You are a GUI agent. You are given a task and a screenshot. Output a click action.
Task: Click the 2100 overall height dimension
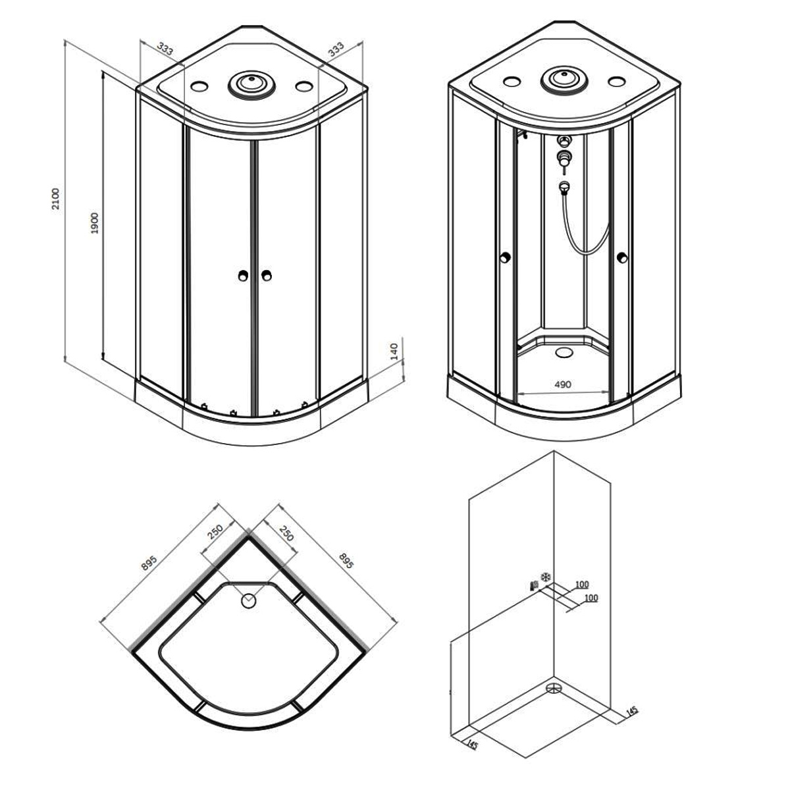coord(55,199)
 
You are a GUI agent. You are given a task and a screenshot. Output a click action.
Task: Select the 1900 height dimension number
coord(95,223)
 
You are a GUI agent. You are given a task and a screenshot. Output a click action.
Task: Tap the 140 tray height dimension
coord(394,352)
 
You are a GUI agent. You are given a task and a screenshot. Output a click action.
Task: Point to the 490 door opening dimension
coord(562,384)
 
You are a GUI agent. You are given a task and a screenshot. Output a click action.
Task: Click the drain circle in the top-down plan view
coord(248,602)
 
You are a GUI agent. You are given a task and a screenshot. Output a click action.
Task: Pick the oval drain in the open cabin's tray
coord(564,352)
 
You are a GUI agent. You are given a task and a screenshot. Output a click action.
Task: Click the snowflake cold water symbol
coord(545,577)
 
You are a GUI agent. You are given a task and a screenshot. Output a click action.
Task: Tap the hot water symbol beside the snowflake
coord(533,585)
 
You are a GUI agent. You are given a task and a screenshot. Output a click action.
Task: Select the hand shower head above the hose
coord(564,187)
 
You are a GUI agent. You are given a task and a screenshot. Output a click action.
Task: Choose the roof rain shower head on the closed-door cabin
coord(250,84)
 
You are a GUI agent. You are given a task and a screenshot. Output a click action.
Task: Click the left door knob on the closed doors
coord(243,276)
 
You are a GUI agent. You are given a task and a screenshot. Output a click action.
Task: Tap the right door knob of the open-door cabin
coord(622,257)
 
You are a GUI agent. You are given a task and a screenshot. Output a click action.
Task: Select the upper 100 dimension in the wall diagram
coord(582,584)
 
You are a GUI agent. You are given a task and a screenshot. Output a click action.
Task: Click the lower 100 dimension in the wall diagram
coord(591,598)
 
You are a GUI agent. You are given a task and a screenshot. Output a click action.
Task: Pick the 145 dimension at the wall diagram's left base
coord(472,745)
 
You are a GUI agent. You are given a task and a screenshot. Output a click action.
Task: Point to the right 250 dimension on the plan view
coord(286,533)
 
